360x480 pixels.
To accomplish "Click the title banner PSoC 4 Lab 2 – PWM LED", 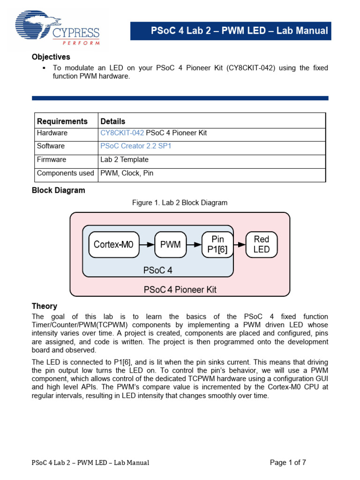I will click(x=239, y=31).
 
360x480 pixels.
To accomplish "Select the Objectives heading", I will click(x=51, y=57).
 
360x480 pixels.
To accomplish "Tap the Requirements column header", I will click(x=62, y=121).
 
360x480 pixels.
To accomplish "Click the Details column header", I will click(x=116, y=121).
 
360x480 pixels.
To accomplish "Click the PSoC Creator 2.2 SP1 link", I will click(x=136, y=146).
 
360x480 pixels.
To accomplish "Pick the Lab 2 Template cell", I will click(x=124, y=160).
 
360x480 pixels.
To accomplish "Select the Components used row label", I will click(x=65, y=173).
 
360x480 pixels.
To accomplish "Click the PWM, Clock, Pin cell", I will click(x=127, y=173).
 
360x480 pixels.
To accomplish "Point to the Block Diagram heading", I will click(x=59, y=191).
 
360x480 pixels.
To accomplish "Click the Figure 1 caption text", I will click(x=180, y=203).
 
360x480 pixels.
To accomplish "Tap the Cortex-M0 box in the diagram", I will click(x=113, y=244).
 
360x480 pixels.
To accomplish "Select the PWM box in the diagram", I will click(x=170, y=244).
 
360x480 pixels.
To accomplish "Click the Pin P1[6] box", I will click(x=217, y=244).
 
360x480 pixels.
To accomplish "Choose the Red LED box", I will click(x=261, y=244).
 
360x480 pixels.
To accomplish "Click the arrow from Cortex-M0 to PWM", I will click(x=146, y=244).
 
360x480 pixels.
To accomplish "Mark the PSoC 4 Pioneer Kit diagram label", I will click(x=180, y=290).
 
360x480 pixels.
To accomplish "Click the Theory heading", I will click(x=45, y=306).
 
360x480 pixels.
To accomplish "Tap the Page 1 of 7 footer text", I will click(x=288, y=463).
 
